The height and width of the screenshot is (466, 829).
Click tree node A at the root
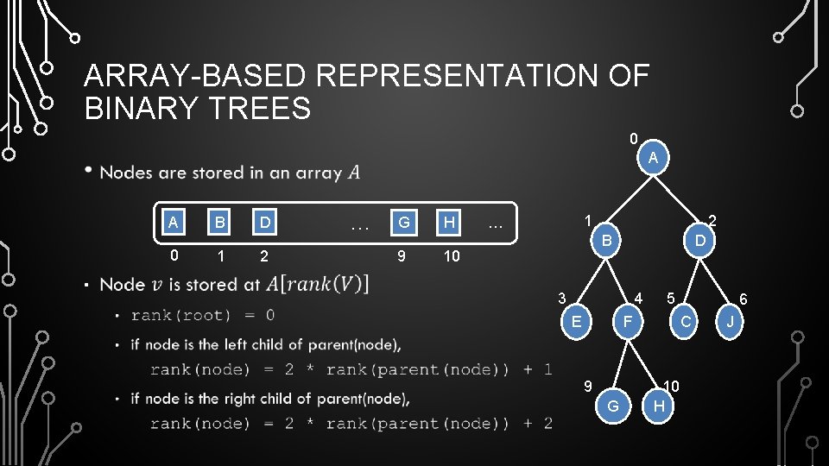[654, 158]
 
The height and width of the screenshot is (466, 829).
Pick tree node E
[575, 322]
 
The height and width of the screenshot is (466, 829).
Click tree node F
[629, 322]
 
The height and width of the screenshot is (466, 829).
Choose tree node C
[685, 322]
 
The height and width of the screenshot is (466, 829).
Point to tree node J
[731, 322]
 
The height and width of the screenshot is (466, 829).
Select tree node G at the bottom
[613, 406]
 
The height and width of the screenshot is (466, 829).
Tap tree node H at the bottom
[660, 406]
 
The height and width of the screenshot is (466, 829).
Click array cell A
[174, 223]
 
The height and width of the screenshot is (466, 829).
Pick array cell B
[221, 223]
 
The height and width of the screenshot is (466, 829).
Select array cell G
[403, 223]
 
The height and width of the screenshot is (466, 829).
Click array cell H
[450, 223]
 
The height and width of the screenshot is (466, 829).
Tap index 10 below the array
[451, 256]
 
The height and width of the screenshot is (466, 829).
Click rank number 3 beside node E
[561, 299]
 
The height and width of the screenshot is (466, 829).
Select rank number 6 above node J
[743, 299]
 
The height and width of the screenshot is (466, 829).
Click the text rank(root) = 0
[203, 315]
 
